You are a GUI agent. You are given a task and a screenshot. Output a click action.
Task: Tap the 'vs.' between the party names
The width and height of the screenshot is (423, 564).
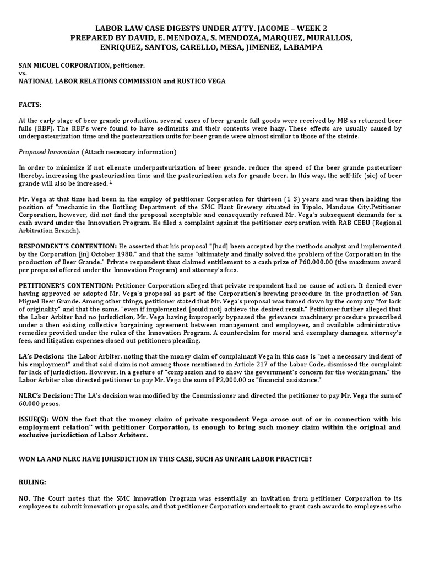tap(23, 73)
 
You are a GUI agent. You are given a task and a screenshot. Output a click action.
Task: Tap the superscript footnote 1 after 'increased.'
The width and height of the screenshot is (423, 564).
tap(111, 182)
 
